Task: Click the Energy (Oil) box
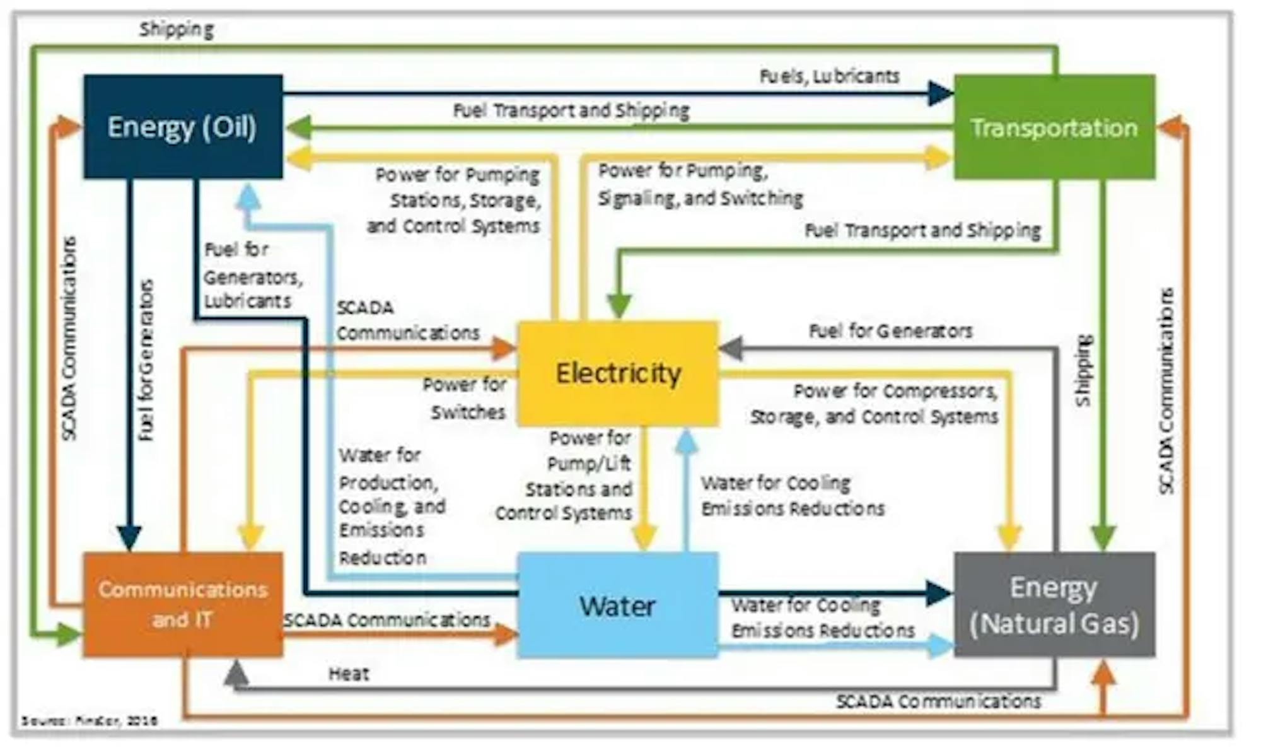183,127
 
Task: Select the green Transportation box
1054,127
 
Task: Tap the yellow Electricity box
618,373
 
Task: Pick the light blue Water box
618,606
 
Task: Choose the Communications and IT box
183,604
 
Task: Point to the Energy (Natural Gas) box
1054,606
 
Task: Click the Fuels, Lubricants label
829,76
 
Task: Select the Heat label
349,674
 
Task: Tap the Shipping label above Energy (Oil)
177,29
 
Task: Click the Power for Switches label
465,398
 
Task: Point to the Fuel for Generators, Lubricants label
252,276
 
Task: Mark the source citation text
90,720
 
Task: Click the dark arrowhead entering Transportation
941,94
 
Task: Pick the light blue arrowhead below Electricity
687,442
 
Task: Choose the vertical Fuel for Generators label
146,360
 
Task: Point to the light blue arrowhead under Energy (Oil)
248,197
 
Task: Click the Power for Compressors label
874,404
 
